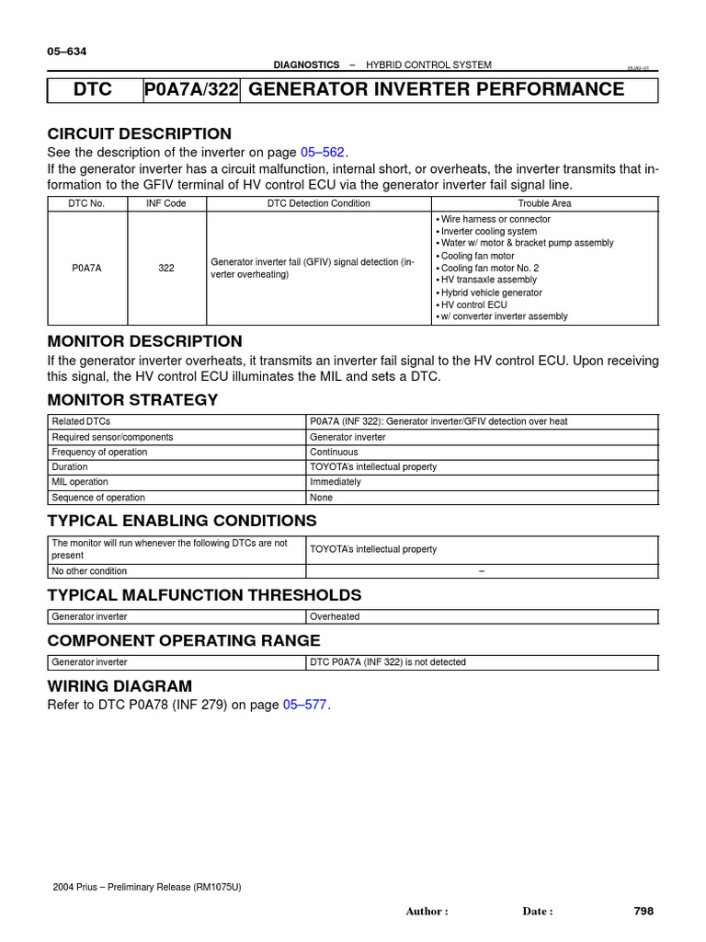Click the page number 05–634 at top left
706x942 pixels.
[x=66, y=52]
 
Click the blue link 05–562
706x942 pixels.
[x=322, y=152]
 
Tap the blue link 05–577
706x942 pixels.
[x=304, y=706]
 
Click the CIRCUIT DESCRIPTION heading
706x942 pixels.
[x=139, y=133]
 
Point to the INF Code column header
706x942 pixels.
[x=166, y=202]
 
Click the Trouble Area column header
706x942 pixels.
[x=544, y=202]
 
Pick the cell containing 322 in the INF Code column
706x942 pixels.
[x=166, y=268]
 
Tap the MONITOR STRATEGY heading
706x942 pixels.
[x=132, y=399]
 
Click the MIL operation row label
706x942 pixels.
[x=80, y=482]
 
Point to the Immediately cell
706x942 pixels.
[x=336, y=482]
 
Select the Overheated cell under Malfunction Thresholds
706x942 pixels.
[x=335, y=616]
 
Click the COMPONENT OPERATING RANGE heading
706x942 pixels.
[x=184, y=640]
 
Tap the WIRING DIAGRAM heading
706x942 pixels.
[x=120, y=686]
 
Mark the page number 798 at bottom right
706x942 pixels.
[x=643, y=911]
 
